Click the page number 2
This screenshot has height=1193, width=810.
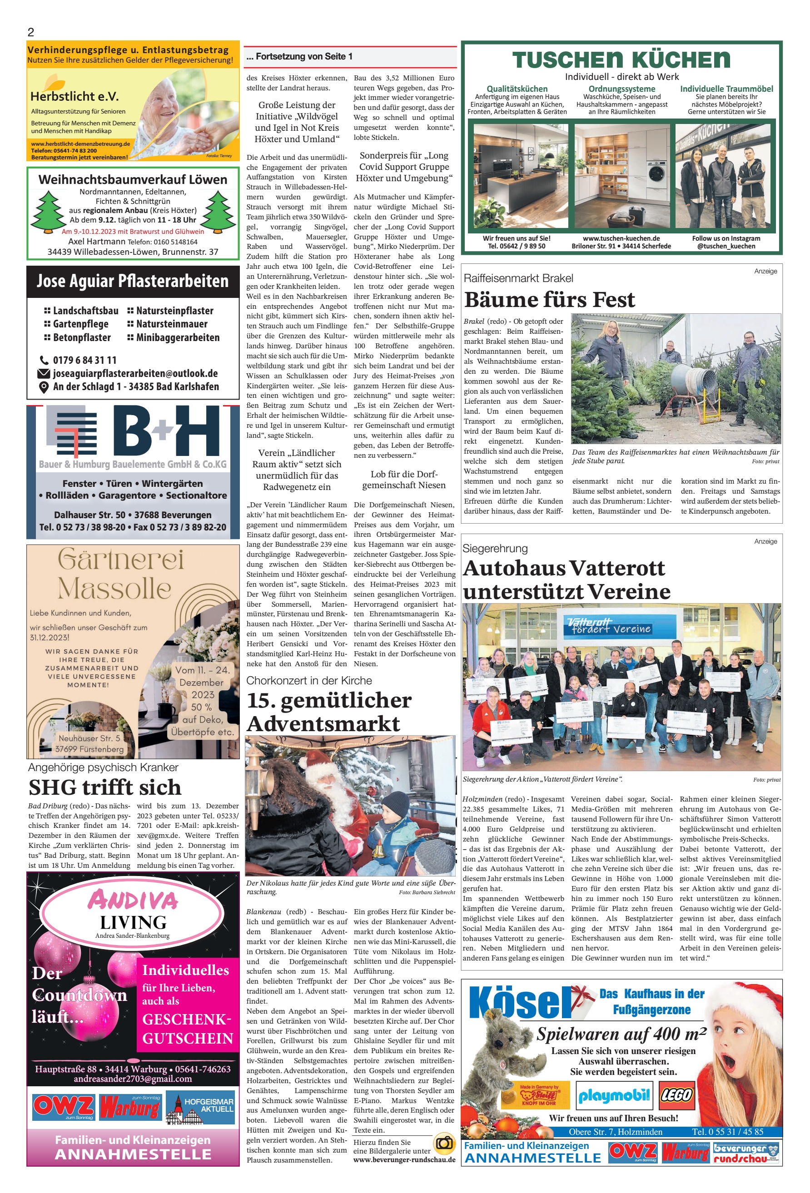tap(31, 32)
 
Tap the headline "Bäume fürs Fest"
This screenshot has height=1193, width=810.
tap(549, 299)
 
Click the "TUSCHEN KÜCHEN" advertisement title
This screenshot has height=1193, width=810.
tap(621, 60)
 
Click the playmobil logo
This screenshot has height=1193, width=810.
tap(614, 1095)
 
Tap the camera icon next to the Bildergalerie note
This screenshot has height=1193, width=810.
tap(444, 1143)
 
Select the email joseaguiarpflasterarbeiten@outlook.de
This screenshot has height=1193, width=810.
tap(135, 373)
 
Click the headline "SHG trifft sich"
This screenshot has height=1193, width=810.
tap(105, 787)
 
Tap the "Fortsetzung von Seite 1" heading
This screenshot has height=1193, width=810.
tap(299, 56)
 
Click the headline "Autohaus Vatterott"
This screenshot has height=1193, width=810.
tap(563, 568)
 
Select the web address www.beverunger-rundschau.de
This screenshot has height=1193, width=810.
tap(404, 1159)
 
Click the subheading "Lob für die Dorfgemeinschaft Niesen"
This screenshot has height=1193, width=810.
tap(404, 480)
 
